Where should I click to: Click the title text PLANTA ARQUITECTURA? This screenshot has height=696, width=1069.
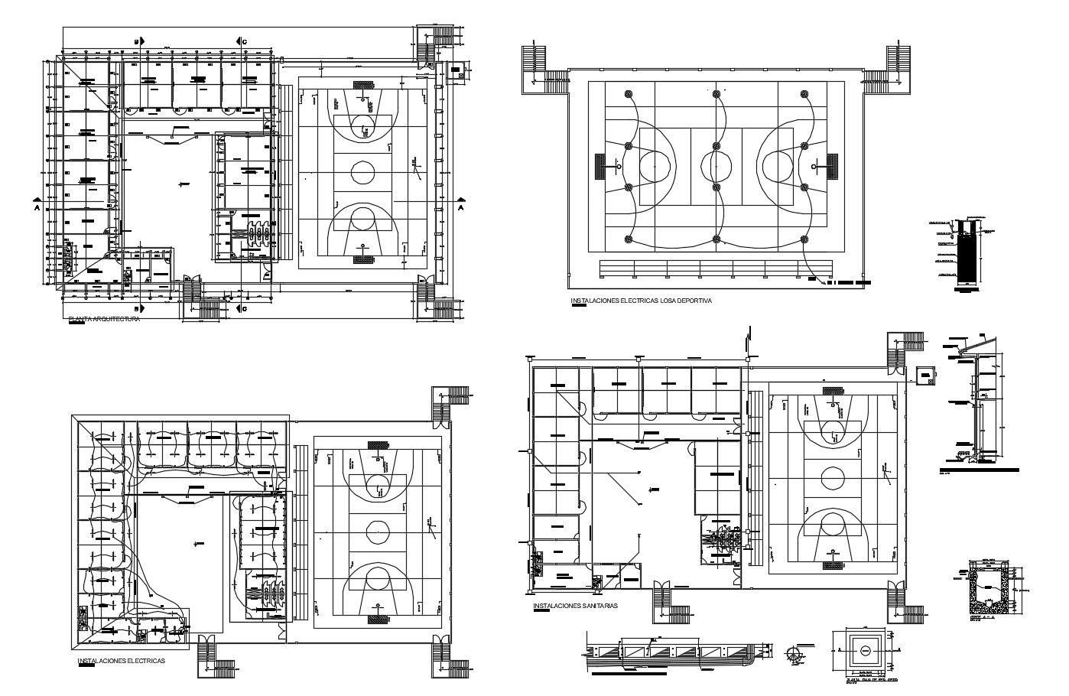click(104, 319)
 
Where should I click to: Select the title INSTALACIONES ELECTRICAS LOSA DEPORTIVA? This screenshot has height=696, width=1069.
click(641, 301)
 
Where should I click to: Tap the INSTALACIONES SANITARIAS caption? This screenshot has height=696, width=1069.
click(575, 606)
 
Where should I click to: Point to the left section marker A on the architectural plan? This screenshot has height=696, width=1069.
click(36, 207)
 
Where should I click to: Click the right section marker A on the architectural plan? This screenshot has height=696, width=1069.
click(460, 207)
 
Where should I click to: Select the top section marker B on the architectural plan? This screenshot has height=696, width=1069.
click(137, 41)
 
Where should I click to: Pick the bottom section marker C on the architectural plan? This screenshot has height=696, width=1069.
click(241, 309)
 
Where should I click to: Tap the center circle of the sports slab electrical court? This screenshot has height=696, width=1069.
click(716, 164)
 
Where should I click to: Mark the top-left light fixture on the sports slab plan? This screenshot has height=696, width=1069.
click(629, 94)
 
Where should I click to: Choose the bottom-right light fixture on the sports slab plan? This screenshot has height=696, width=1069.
click(804, 239)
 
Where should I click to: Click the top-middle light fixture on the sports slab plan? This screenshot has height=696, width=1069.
click(716, 94)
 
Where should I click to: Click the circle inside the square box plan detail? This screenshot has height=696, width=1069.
click(865, 650)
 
